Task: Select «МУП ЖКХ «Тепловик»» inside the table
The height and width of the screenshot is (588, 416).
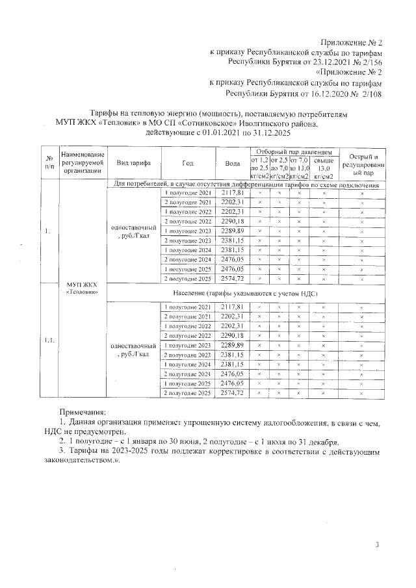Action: [83, 288]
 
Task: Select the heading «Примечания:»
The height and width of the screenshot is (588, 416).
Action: [82, 411]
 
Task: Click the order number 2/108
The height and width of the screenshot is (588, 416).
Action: [369, 94]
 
